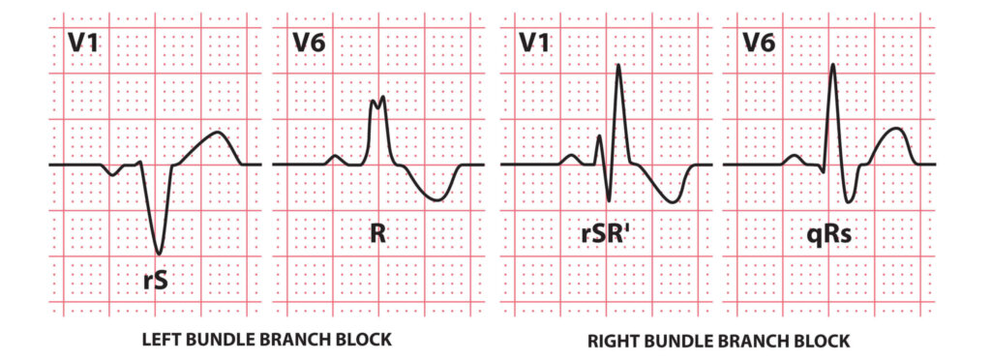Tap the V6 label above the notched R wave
(311, 42)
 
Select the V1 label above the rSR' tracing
(536, 42)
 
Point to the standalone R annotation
(377, 233)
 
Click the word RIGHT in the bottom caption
(613, 341)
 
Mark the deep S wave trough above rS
(160, 253)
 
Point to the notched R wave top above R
(378, 99)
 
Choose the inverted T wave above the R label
(437, 198)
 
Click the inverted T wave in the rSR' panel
(672, 201)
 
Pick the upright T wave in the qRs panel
(896, 129)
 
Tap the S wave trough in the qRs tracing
(849, 201)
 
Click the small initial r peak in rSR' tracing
(599, 136)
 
